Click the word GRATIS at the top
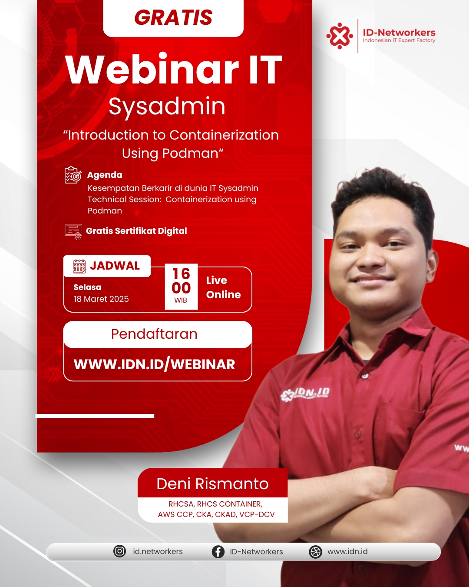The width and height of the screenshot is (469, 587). (x=173, y=17)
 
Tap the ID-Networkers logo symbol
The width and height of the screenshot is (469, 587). (x=340, y=36)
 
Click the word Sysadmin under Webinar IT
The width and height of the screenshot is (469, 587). (x=167, y=107)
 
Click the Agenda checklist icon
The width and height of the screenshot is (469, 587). (x=73, y=175)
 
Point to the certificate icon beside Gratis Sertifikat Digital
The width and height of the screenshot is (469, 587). (x=73, y=232)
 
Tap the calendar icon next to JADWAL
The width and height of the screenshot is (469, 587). (x=79, y=266)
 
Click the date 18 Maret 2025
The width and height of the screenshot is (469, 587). (x=101, y=299)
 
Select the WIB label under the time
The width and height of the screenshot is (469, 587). (x=181, y=300)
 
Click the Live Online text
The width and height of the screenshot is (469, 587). (x=223, y=287)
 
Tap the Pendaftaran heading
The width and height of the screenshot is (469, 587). (x=154, y=334)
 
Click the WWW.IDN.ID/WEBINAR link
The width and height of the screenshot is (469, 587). (x=154, y=364)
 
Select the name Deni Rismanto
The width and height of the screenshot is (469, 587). (x=212, y=484)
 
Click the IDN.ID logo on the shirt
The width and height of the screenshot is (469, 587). (x=305, y=394)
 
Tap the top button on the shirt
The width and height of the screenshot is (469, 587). (x=364, y=376)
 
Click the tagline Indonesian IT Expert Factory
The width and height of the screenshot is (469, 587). (x=399, y=40)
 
